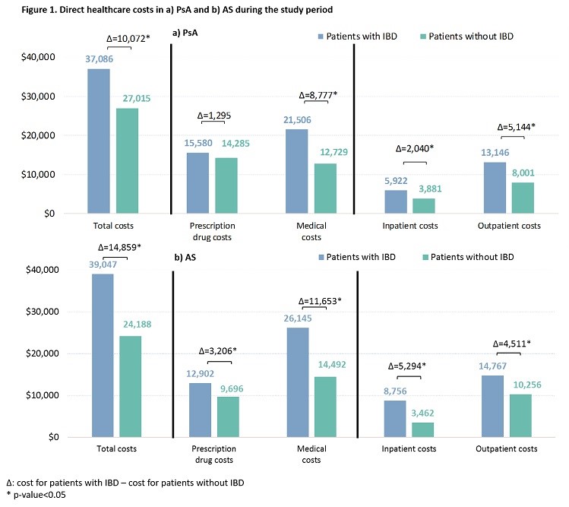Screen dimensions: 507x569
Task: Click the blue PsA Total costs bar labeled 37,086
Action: tap(99, 141)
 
